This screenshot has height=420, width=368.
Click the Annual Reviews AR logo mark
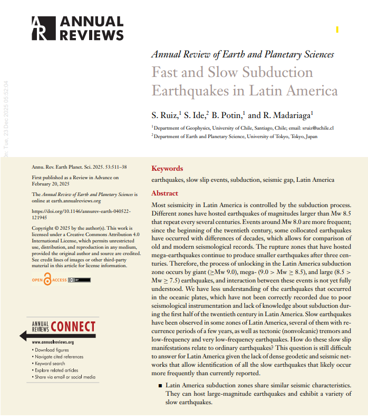coord(42,28)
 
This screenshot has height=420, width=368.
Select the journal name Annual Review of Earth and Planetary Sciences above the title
coord(243,54)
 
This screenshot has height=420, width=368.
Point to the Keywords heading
coord(167,169)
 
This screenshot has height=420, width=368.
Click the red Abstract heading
coord(165,193)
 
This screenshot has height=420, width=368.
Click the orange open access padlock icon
coord(48,280)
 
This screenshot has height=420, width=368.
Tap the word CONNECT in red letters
coord(73,327)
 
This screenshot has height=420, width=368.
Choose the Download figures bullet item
coord(52,350)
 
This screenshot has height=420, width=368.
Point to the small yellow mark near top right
coord(337,30)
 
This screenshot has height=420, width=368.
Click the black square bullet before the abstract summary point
coord(160,386)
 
